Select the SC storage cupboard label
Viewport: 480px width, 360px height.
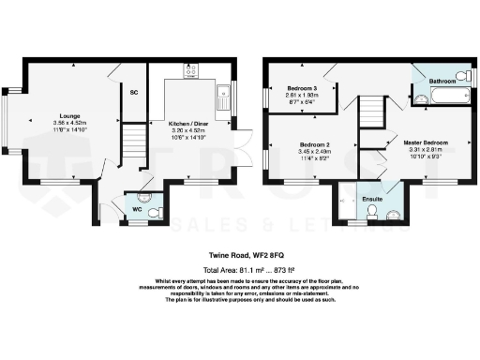133,92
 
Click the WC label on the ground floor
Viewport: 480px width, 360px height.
136,209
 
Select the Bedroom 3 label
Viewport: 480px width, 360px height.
303,86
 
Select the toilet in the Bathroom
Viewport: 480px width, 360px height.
464,75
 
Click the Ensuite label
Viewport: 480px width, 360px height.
372,200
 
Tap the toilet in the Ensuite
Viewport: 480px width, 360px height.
372,215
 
